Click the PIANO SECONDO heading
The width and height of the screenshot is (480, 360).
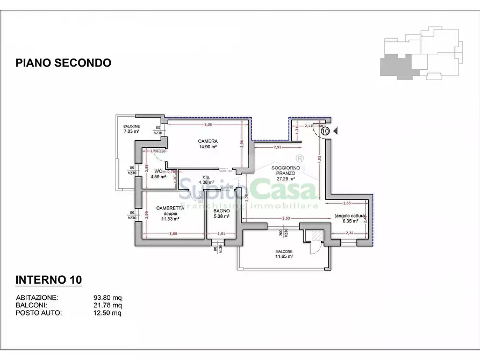point(63,63)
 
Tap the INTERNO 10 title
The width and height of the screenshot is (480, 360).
point(48,280)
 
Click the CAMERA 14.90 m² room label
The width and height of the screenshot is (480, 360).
point(207,144)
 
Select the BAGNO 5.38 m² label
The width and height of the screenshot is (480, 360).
point(221,214)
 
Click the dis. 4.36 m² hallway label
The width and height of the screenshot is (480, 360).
point(206,179)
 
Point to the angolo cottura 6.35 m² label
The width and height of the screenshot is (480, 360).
point(350,218)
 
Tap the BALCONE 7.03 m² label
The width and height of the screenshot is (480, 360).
point(131,129)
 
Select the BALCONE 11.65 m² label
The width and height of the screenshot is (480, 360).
point(284,254)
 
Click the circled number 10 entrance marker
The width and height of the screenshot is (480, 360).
point(325,130)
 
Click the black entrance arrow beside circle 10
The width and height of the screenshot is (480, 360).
point(336,130)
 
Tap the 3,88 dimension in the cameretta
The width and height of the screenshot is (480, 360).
point(173,233)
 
